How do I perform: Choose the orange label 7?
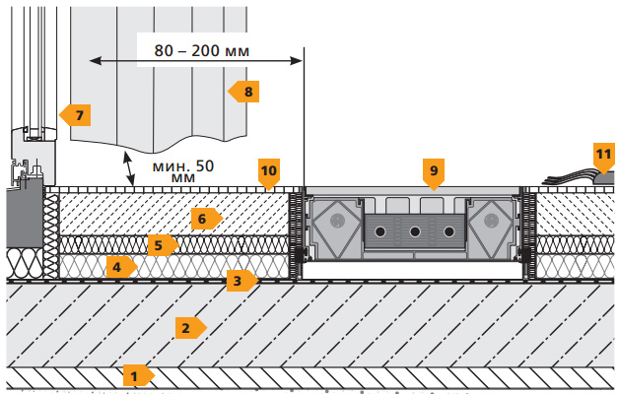click(76, 115)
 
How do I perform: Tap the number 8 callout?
click(243, 92)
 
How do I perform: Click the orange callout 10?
click(269, 171)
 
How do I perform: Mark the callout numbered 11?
click(603, 154)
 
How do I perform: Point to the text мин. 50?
click(183, 167)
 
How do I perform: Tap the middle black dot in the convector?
click(415, 231)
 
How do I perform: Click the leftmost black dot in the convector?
click(381, 231)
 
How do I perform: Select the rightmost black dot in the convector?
click(448, 231)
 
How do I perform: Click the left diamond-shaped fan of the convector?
click(339, 228)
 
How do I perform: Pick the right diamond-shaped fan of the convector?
click(491, 228)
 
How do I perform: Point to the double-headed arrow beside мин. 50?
click(130, 168)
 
